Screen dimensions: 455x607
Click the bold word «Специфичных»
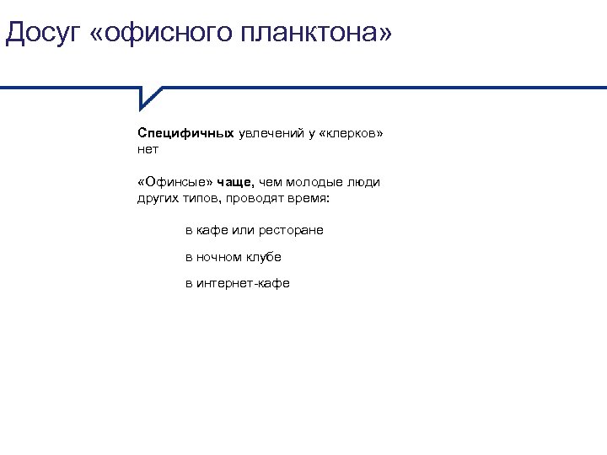tap(185, 133)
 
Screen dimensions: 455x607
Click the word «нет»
tap(148, 149)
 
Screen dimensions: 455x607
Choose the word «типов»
tap(195, 198)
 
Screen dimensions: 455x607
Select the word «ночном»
tap(219, 256)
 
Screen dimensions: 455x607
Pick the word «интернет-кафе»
tap(243, 283)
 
